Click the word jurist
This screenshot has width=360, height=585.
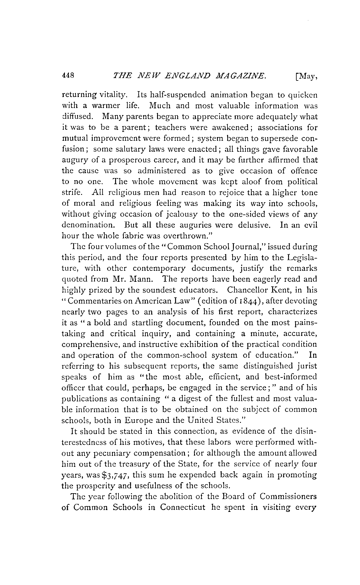click(x=307, y=366)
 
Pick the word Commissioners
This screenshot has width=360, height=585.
click(x=287, y=497)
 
